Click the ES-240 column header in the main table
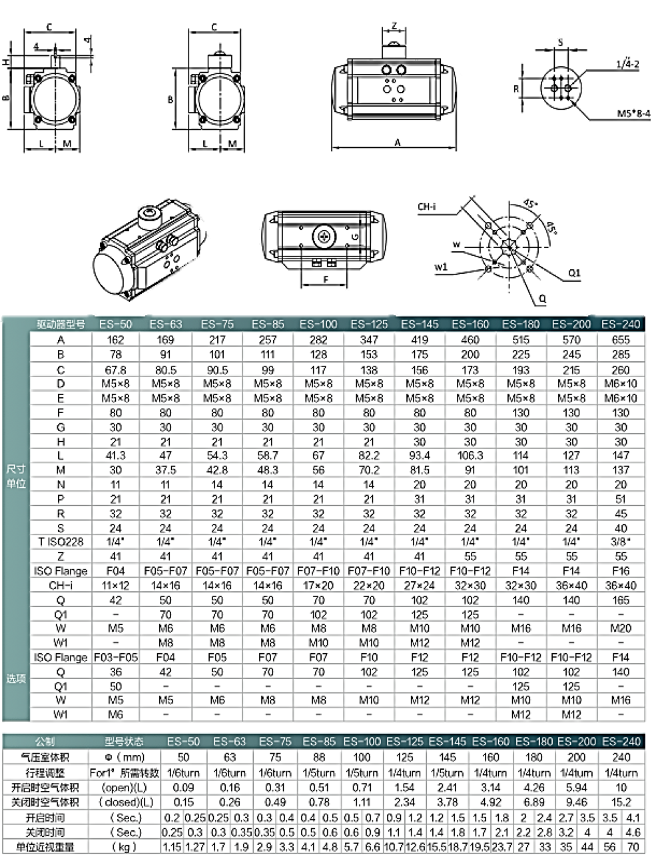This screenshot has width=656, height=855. (621, 325)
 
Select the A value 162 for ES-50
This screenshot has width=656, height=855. (116, 340)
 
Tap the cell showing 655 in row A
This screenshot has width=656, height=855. (621, 340)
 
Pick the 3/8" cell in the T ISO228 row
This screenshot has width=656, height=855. (621, 542)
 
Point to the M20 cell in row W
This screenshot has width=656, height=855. (621, 628)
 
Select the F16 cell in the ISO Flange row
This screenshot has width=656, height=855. (621, 571)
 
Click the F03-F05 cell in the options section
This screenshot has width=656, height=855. (116, 657)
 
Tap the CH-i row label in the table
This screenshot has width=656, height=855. (61, 586)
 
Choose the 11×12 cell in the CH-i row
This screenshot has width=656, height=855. (116, 586)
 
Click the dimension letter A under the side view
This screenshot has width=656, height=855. (398, 142)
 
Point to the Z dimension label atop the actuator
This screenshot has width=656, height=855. (394, 27)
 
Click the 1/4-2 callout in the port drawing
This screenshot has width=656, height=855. (627, 64)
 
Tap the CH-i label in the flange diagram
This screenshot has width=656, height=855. (427, 207)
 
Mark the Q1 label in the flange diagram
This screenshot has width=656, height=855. (575, 273)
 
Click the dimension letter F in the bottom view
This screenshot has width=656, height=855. (326, 281)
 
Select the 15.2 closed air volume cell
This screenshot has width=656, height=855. (621, 802)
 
